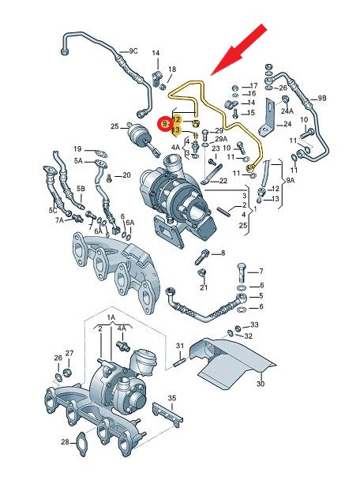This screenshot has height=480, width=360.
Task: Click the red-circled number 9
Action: (165, 124)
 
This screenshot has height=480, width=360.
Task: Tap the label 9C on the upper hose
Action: (132, 51)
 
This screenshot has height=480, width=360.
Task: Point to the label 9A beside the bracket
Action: (290, 181)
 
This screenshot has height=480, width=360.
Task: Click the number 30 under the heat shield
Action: (261, 384)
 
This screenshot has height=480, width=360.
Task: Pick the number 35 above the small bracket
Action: (172, 398)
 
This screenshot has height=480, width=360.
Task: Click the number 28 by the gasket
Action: (65, 442)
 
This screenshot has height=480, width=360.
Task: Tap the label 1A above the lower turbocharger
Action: (111, 317)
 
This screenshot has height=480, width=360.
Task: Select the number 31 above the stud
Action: (180, 346)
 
